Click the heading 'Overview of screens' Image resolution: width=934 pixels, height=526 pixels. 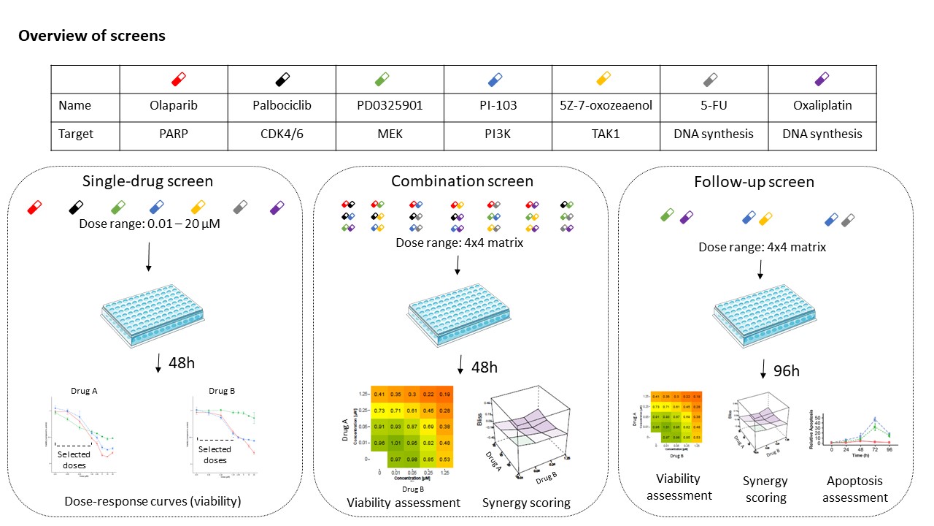pyautogui.click(x=92, y=36)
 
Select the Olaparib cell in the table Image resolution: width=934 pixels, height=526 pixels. pyautogui.click(x=174, y=105)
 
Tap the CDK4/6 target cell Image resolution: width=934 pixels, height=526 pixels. pyautogui.click(x=282, y=134)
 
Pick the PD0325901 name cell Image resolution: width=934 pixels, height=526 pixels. pyautogui.click(x=390, y=105)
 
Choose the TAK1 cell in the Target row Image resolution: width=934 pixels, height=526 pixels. pyautogui.click(x=606, y=134)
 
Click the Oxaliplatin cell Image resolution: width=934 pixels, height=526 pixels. pyautogui.click(x=822, y=105)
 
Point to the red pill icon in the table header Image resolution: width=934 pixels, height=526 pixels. pyautogui.click(x=177, y=77)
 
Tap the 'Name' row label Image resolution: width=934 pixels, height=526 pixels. pyautogui.click(x=75, y=105)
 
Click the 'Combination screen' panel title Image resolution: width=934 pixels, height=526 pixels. pyautogui.click(x=462, y=181)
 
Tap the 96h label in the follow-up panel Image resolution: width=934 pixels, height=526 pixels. pyautogui.click(x=785, y=371)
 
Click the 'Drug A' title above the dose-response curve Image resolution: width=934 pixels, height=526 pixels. pyautogui.click(x=84, y=390)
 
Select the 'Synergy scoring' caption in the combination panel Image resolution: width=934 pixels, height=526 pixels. pyautogui.click(x=526, y=503)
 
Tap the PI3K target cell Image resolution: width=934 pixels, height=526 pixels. pyautogui.click(x=497, y=134)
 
